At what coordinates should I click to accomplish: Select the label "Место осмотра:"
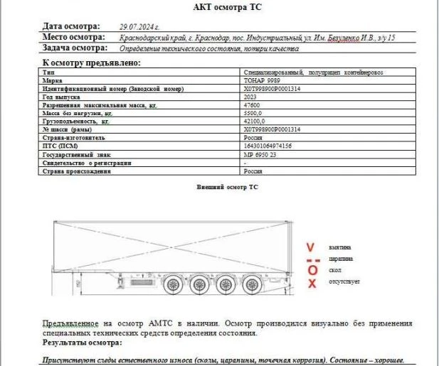point(74,37)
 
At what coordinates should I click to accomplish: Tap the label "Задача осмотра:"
point(75,48)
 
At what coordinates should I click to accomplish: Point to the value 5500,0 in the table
point(253,113)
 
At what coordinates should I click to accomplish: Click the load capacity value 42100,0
point(255,122)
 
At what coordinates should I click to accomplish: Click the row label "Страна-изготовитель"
point(74,138)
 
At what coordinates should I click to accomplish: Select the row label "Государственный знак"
point(75,154)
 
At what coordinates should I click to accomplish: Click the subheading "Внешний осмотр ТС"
point(226,186)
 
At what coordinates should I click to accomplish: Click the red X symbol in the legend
point(311,284)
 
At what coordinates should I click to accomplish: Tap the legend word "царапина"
point(342,259)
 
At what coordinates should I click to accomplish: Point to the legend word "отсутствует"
point(344,283)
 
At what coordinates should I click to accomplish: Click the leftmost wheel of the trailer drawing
point(172,286)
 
